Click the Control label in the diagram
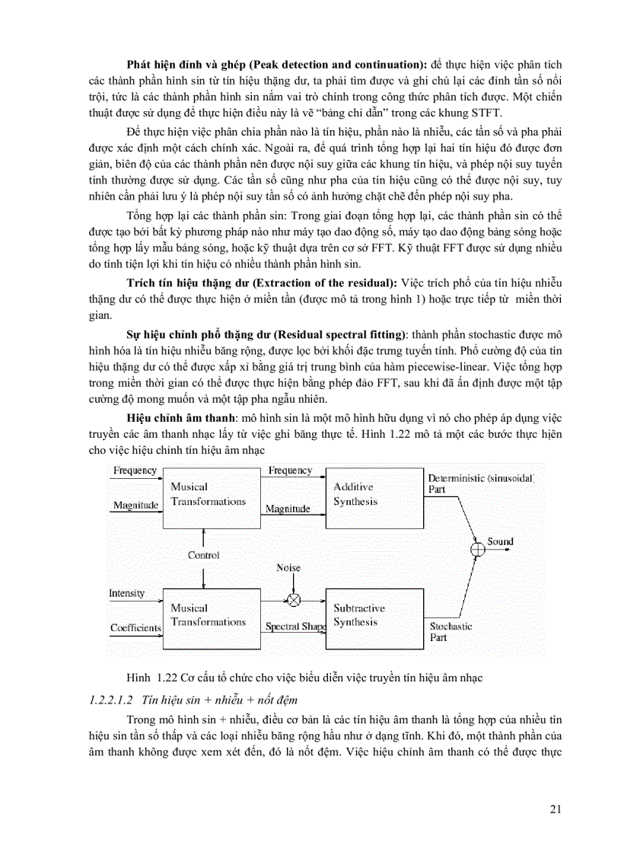click(x=204, y=556)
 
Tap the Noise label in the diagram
click(x=288, y=568)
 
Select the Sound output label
click(x=500, y=542)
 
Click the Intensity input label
click(x=127, y=593)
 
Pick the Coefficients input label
click(x=135, y=628)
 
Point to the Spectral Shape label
click(x=295, y=627)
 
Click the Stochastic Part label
click(x=451, y=631)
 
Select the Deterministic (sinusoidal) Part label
click(x=481, y=483)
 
